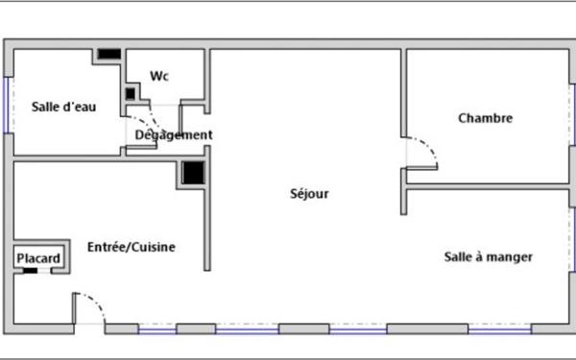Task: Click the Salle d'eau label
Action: click(x=63, y=107)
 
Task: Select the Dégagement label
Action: click(x=174, y=135)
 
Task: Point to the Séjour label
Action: click(x=309, y=194)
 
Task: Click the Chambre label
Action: click(x=485, y=119)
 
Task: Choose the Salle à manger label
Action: click(x=489, y=256)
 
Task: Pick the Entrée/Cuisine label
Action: click(x=132, y=248)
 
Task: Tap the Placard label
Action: click(x=38, y=258)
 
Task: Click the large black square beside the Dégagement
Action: click(x=194, y=173)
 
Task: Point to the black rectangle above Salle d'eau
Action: click(x=108, y=54)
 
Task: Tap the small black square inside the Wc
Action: click(x=130, y=93)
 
